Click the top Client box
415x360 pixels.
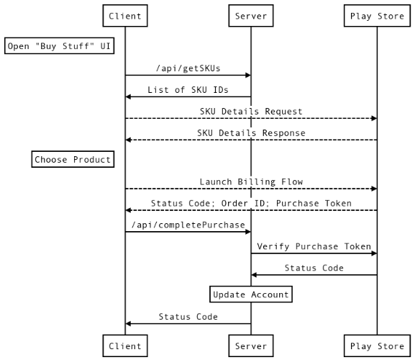125,16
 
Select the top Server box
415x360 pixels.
251,16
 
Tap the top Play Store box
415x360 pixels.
377,16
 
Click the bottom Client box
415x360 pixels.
125,346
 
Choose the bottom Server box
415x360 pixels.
251,346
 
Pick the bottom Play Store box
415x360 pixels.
377,346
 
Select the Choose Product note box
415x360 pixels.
73,159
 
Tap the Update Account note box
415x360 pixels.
251,294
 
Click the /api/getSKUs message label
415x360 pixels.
188,68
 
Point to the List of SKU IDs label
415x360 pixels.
188,89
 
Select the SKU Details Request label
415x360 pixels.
251,111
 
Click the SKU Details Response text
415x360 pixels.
251,132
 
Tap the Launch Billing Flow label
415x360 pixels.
251,181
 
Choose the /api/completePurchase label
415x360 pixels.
188,225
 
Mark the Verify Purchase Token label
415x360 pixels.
314,246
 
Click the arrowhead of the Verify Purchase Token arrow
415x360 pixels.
373,253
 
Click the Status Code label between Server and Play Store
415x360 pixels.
314,268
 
